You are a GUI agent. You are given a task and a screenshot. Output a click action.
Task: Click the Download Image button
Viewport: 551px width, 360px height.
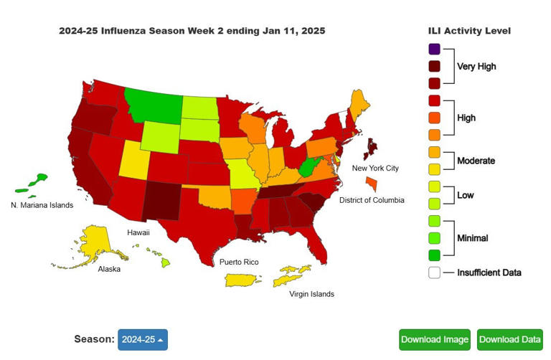(435, 339)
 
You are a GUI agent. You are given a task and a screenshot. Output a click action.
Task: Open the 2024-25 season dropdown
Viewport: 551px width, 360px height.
(142, 339)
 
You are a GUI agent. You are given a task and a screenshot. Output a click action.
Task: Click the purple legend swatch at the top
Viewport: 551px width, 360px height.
(435, 49)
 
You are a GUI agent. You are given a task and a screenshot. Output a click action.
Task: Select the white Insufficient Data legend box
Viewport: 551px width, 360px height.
(435, 273)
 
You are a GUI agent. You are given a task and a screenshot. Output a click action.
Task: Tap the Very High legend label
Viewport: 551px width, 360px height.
(476, 67)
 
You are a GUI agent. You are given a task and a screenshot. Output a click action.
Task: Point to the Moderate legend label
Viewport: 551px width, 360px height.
(476, 161)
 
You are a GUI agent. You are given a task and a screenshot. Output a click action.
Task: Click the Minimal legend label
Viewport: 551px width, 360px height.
(474, 238)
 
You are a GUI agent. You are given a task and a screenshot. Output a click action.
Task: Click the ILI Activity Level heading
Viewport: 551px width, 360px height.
(468, 31)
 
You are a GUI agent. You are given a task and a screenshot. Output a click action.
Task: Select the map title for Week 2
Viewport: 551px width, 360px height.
(192, 31)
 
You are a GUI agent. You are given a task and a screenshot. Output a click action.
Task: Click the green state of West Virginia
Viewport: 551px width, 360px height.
(306, 169)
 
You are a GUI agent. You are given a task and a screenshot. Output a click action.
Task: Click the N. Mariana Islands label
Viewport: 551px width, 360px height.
(42, 205)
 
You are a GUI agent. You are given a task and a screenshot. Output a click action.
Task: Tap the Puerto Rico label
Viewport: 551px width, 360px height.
(239, 262)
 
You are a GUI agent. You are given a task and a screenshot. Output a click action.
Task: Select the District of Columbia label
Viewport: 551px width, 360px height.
(372, 200)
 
